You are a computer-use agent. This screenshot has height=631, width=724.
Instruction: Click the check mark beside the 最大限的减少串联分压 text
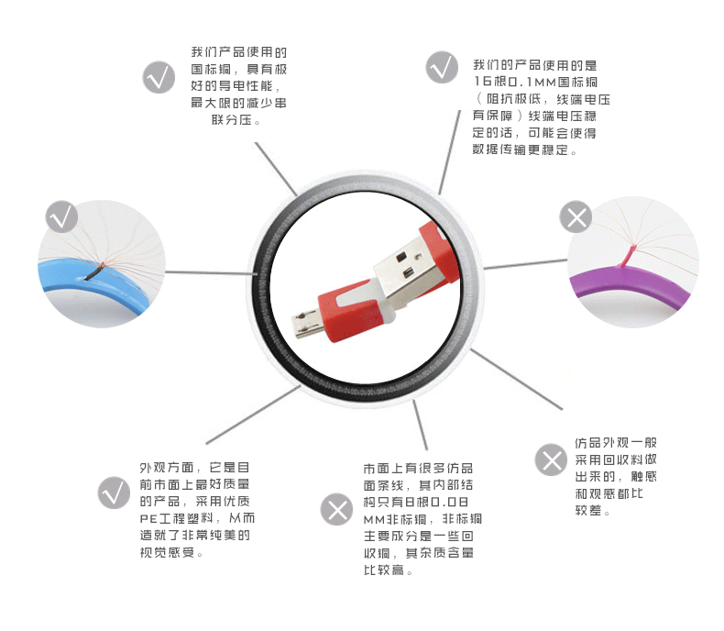[x=159, y=76]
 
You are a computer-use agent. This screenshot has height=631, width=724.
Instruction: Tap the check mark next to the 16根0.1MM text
[x=442, y=67]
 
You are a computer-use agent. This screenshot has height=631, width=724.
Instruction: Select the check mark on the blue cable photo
[x=61, y=217]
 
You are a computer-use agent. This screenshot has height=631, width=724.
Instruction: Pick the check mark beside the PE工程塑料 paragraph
[x=114, y=493]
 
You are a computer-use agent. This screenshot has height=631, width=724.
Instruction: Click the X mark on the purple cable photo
[x=576, y=217]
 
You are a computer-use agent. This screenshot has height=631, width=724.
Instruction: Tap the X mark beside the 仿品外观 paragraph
[x=551, y=459]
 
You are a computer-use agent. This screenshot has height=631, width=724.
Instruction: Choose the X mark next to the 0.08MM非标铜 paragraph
[x=335, y=509]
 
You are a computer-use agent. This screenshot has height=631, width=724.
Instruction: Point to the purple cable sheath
[x=632, y=286]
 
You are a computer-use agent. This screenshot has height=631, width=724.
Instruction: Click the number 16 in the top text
[x=481, y=83]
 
